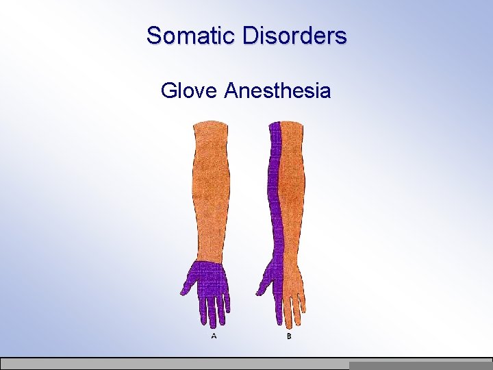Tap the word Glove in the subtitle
pyautogui.click(x=189, y=90)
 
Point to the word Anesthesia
pyautogui.click(x=277, y=90)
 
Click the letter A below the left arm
pyautogui.click(x=214, y=336)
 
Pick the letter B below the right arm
pyautogui.click(x=288, y=336)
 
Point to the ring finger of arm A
pyautogui.click(x=220, y=312)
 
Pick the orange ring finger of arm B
pyautogui.click(x=296, y=312)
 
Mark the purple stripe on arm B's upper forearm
pyautogui.click(x=275, y=158)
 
